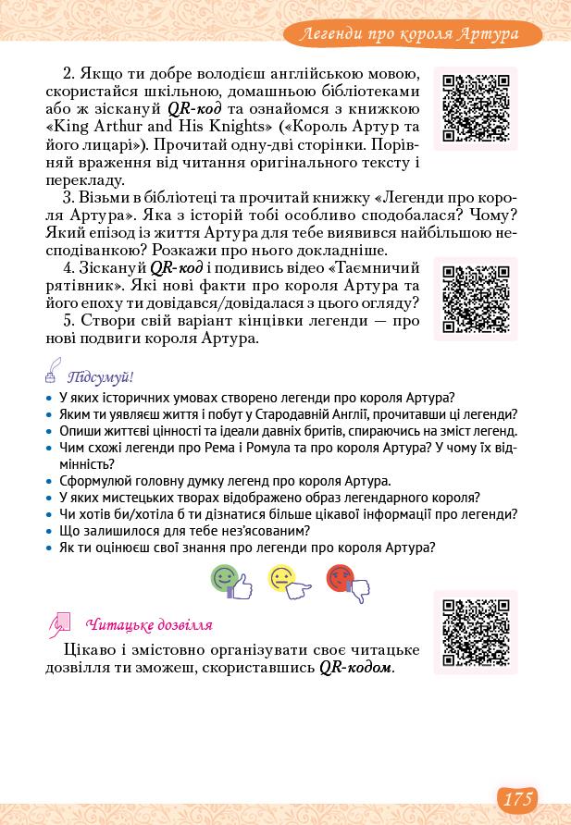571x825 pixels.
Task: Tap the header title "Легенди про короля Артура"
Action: [412, 35]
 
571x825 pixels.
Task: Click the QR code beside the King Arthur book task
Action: [476, 108]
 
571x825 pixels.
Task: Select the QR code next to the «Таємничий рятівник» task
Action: [476, 299]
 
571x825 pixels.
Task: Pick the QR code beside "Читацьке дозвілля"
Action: [476, 633]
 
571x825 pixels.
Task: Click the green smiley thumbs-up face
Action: [230, 581]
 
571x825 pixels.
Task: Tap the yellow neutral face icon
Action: [287, 581]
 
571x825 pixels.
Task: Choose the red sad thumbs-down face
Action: [346, 581]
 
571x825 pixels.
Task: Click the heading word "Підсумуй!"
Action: [101, 377]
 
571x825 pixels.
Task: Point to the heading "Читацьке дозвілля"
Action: [148, 624]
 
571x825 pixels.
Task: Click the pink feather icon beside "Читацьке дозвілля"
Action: [59, 624]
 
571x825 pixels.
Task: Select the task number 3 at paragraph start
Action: [68, 199]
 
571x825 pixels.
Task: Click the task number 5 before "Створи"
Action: [68, 321]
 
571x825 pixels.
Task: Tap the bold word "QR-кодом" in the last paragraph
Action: [356, 667]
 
